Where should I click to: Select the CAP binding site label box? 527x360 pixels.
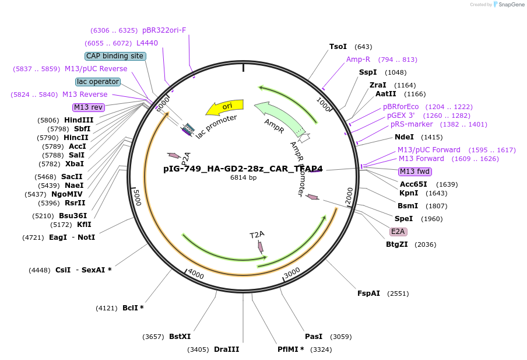tap(115, 56)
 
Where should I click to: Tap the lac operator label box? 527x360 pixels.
tap(98, 82)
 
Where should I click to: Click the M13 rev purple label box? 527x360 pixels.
tap(89, 107)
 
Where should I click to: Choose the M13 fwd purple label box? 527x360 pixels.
tap(415, 172)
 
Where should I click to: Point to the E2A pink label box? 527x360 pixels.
tap(399, 232)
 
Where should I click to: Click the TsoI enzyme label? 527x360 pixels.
tap(338, 47)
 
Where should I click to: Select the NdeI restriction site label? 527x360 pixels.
tap(404, 137)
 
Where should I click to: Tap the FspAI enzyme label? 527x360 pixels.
tap(368, 293)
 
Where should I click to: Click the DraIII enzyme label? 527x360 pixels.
tap(226, 349)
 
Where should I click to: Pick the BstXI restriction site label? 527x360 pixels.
tap(180, 337)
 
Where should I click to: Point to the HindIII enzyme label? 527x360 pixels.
tap(79, 120)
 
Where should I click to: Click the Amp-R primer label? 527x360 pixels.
tap(358, 60)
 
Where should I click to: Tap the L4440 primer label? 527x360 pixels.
tap(147, 43)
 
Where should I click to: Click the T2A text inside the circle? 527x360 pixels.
tap(257, 235)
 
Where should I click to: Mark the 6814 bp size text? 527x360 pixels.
tap(243, 178)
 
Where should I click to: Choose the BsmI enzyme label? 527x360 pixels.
tap(407, 206)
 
